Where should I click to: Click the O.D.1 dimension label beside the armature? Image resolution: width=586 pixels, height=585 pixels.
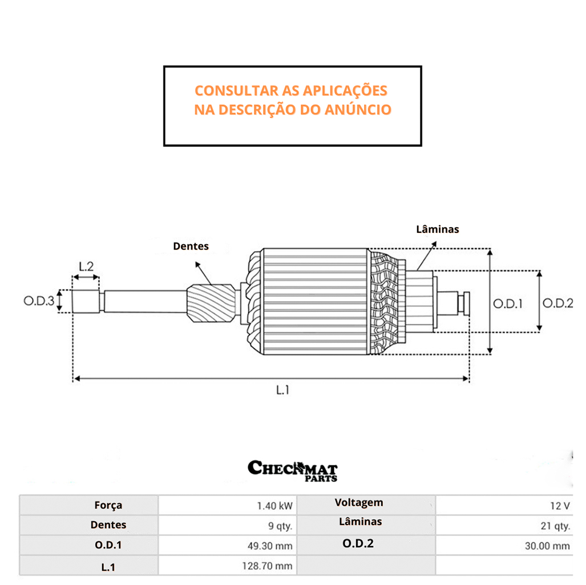pyautogui.click(x=508, y=304)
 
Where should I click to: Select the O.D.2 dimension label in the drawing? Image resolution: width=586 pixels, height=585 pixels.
pyautogui.click(x=557, y=303)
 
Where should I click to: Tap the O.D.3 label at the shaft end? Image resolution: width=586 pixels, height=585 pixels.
pyautogui.click(x=39, y=301)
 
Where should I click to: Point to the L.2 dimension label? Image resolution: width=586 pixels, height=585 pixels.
pyautogui.click(x=86, y=265)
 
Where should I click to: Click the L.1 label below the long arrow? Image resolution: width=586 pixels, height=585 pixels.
pyautogui.click(x=284, y=390)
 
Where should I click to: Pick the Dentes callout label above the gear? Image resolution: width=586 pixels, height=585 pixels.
pyautogui.click(x=191, y=247)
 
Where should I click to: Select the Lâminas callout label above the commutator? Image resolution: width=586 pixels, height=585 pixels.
pyautogui.click(x=438, y=229)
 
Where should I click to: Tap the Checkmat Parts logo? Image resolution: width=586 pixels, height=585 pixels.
pyautogui.click(x=293, y=470)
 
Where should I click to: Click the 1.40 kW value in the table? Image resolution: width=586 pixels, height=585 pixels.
pyautogui.click(x=275, y=506)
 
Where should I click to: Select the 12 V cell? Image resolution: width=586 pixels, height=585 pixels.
pyautogui.click(x=559, y=506)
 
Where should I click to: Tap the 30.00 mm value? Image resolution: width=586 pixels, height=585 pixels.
pyautogui.click(x=547, y=546)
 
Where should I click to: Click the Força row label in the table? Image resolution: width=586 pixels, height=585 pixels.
pyautogui.click(x=108, y=505)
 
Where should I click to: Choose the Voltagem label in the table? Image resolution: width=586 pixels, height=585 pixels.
pyautogui.click(x=359, y=503)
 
